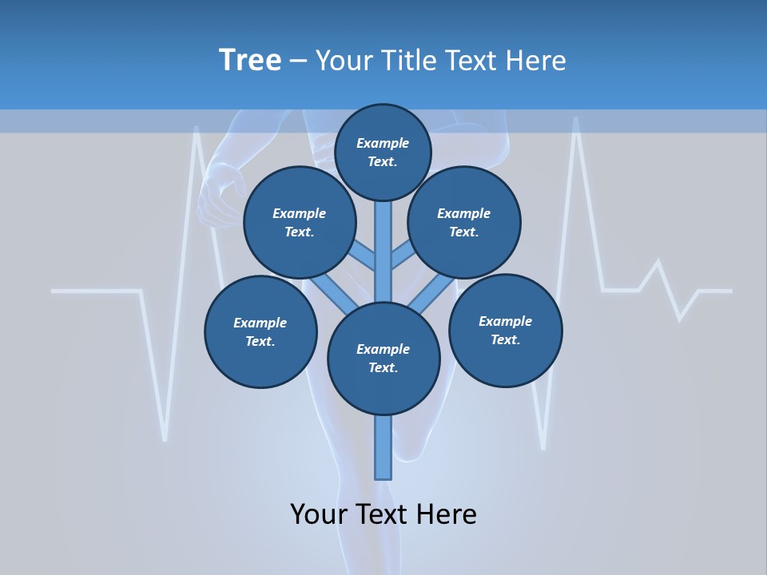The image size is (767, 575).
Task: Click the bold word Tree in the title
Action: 250,61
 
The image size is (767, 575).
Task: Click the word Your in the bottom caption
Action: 320,514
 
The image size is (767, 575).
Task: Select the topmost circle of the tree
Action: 383,152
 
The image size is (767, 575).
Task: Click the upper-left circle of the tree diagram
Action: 300,223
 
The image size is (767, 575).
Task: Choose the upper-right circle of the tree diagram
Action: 464,223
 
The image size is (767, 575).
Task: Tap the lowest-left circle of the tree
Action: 260,332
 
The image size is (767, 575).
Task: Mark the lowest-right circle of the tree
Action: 505,331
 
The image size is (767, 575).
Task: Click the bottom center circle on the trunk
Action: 383,359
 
